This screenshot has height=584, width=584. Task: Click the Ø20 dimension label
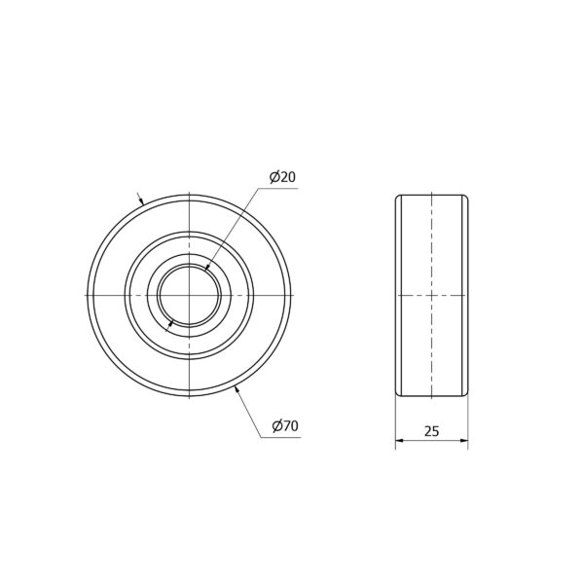point(282,177)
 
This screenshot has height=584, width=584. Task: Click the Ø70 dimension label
point(285,425)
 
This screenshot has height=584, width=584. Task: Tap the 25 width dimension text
point(431,431)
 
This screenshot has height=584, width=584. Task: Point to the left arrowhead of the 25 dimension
point(399,441)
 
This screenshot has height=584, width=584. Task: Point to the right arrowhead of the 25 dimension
point(464,441)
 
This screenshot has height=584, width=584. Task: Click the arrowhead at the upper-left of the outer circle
point(141,201)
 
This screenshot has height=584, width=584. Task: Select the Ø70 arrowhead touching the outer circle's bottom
point(237,390)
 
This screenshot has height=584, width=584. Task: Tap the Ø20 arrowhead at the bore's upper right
point(207,267)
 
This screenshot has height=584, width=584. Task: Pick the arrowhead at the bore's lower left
point(171,323)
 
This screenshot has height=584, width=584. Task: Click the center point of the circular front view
point(189,295)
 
